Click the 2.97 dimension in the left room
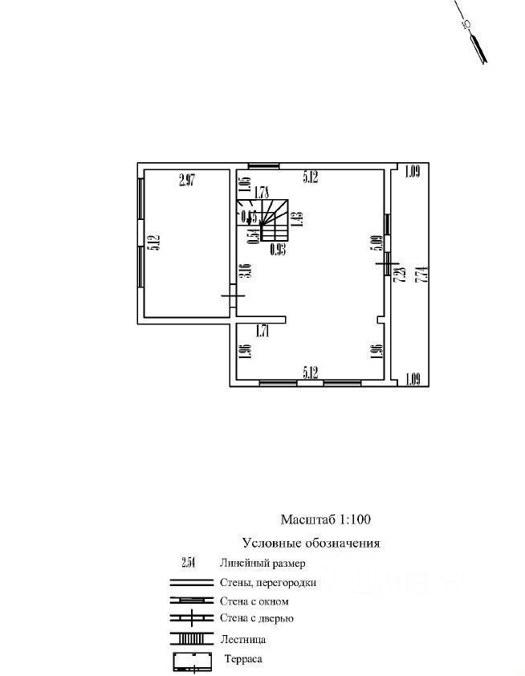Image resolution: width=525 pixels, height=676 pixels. coord(186,180)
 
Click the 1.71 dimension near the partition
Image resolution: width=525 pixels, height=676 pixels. coord(260,330)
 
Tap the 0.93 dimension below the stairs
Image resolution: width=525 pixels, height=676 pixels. coord(278,249)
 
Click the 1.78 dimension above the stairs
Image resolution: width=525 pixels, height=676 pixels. coord(260,193)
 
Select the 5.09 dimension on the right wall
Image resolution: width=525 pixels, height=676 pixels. coord(375,243)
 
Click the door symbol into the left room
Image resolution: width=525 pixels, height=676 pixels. coord(233,297)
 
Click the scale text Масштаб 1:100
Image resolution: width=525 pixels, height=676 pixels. coord(324,519)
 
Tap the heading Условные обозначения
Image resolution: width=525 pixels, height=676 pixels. coord(311,544)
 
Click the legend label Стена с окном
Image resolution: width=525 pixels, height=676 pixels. coord(253,601)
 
